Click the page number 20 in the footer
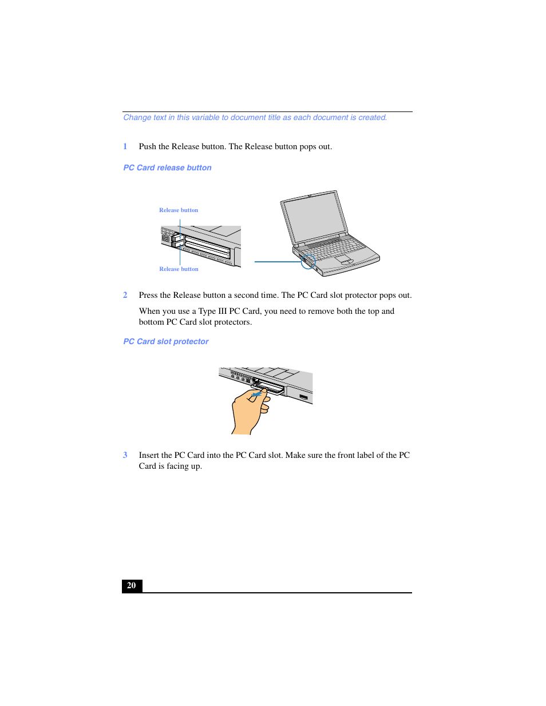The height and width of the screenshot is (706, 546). (x=132, y=585)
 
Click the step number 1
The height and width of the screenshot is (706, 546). (x=125, y=146)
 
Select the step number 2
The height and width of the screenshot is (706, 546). (x=125, y=295)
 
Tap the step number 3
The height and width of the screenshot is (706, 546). (x=125, y=455)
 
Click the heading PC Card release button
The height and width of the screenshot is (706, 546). (x=167, y=167)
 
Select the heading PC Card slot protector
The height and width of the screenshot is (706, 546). (x=166, y=341)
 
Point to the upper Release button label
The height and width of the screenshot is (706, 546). (x=179, y=210)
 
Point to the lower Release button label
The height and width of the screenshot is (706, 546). (x=179, y=269)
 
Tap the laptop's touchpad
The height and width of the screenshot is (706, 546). (x=343, y=260)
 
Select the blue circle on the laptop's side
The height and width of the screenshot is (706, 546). (x=308, y=262)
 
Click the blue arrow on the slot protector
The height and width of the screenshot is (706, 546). (x=258, y=393)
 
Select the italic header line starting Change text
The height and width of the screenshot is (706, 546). (x=255, y=118)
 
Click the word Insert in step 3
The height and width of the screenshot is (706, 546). (x=149, y=455)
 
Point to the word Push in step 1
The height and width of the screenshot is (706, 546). (x=147, y=146)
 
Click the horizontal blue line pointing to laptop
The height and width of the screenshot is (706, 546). (x=278, y=262)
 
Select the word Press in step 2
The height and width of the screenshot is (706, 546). (x=148, y=295)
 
